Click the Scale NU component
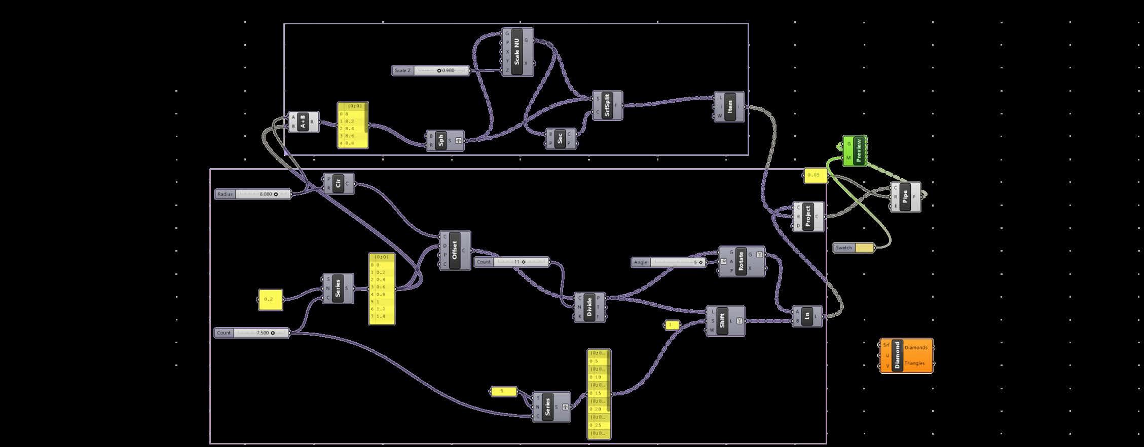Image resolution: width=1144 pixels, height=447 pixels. tap(517, 52)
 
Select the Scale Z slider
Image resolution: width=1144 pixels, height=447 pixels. tap(431, 70)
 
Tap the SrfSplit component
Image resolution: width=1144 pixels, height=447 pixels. tap(607, 106)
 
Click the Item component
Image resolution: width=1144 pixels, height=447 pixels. tap(729, 107)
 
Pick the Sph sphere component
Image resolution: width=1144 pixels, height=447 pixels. tap(441, 140)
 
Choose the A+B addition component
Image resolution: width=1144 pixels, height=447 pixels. tap(303, 122)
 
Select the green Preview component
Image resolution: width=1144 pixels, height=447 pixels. tap(858, 150)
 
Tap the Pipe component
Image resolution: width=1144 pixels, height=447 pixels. tap(905, 196)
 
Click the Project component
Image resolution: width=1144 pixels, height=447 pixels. tap(807, 216)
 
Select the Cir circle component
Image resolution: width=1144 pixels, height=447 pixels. tap(338, 183)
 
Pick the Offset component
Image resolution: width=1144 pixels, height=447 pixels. tap(454, 250)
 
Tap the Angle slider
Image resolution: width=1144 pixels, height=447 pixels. tap(669, 262)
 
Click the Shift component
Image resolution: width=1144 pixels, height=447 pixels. tap(723, 320)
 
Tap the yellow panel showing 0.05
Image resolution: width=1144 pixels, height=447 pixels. tap(815, 175)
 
